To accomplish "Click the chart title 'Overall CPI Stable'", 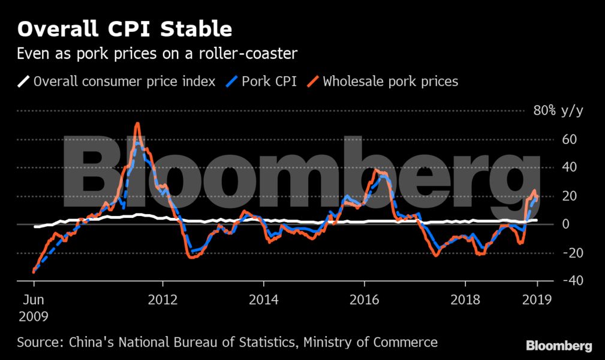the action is [125, 29].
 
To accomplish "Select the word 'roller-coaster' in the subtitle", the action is [248, 53].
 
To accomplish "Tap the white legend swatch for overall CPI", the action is [23, 82].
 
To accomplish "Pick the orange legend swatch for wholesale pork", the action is [313, 82].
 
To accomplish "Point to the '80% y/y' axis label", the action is [558, 111].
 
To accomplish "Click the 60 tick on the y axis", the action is [569, 139].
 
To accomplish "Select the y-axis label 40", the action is [569, 167].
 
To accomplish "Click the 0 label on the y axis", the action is [565, 224].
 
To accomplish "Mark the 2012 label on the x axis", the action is [163, 300].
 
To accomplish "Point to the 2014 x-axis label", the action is [264, 300].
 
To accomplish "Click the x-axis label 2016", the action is [364, 300].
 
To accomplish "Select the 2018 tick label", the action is [465, 300].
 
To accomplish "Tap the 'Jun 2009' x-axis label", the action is [34, 308].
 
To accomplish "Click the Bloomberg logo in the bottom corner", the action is [559, 346].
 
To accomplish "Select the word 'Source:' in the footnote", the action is [41, 342].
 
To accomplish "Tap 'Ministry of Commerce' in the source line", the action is [371, 342].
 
